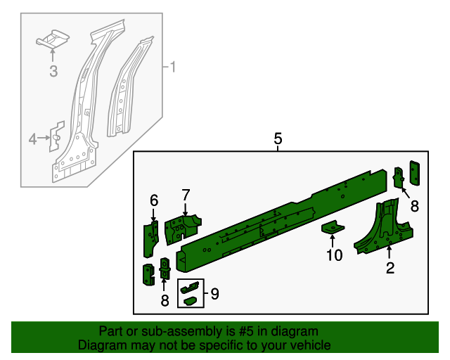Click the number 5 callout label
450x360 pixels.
(x=278, y=139)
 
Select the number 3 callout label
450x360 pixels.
(x=53, y=70)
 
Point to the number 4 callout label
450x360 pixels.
(x=32, y=140)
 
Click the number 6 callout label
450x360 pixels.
(x=154, y=201)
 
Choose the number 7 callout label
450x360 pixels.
(x=186, y=195)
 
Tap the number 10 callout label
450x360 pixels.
(x=334, y=255)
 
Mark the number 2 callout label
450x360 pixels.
(x=390, y=267)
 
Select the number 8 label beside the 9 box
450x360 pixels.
(x=165, y=300)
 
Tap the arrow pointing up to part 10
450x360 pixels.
(x=333, y=241)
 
